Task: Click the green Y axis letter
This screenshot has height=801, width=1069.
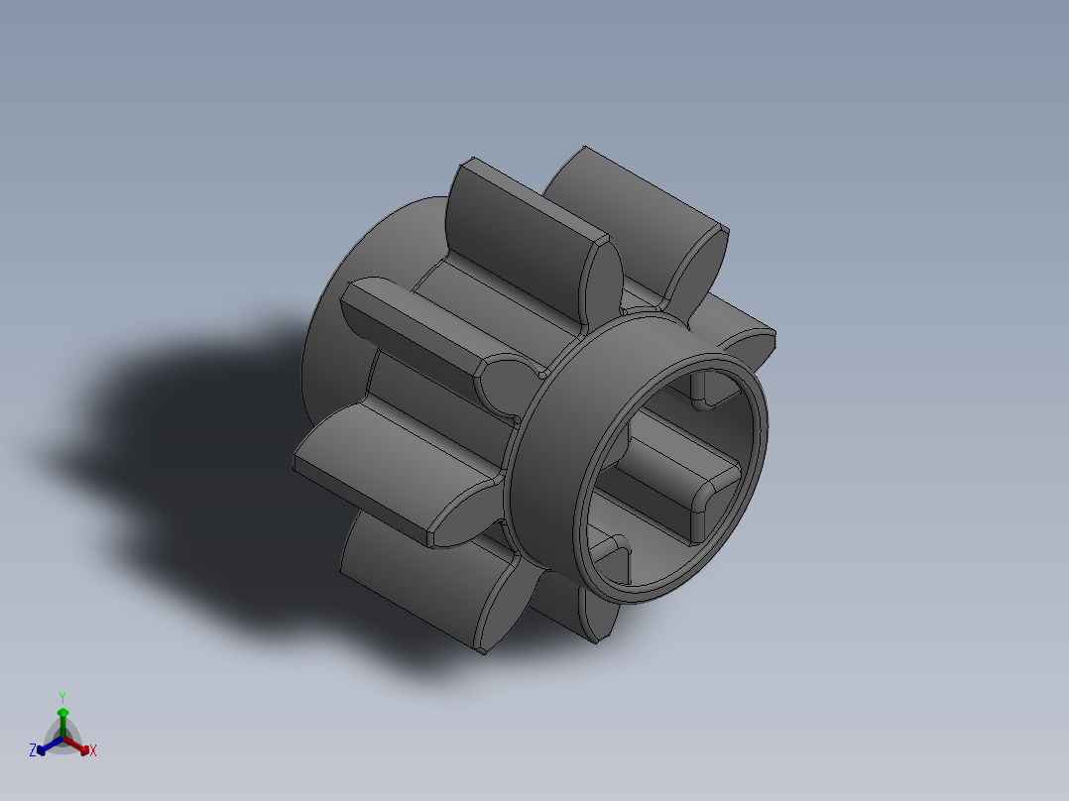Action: (62, 696)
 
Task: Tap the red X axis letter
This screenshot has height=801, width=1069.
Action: (93, 751)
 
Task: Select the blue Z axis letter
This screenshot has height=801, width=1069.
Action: (33, 751)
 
